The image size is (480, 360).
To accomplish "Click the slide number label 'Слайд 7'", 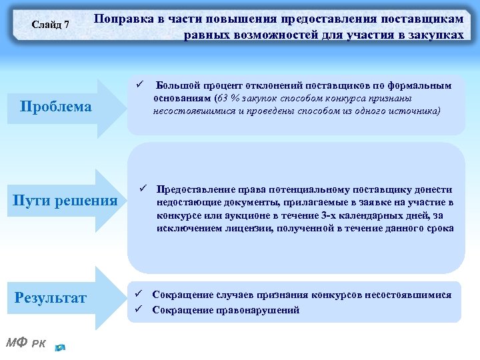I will [x=51, y=25].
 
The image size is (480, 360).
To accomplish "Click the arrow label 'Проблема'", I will [x=56, y=107].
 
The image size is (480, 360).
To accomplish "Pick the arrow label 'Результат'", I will [x=51, y=298].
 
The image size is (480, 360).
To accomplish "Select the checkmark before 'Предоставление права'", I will [x=142, y=189].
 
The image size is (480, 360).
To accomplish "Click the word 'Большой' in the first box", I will [x=174, y=85].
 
